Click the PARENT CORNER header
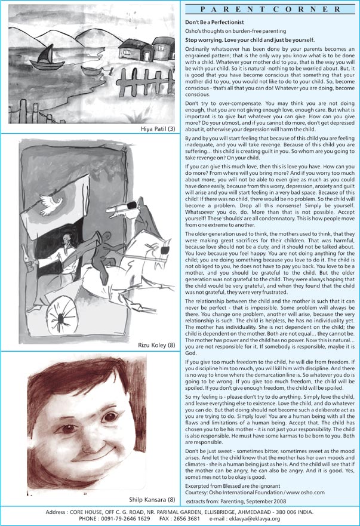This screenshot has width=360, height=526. [270, 10]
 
